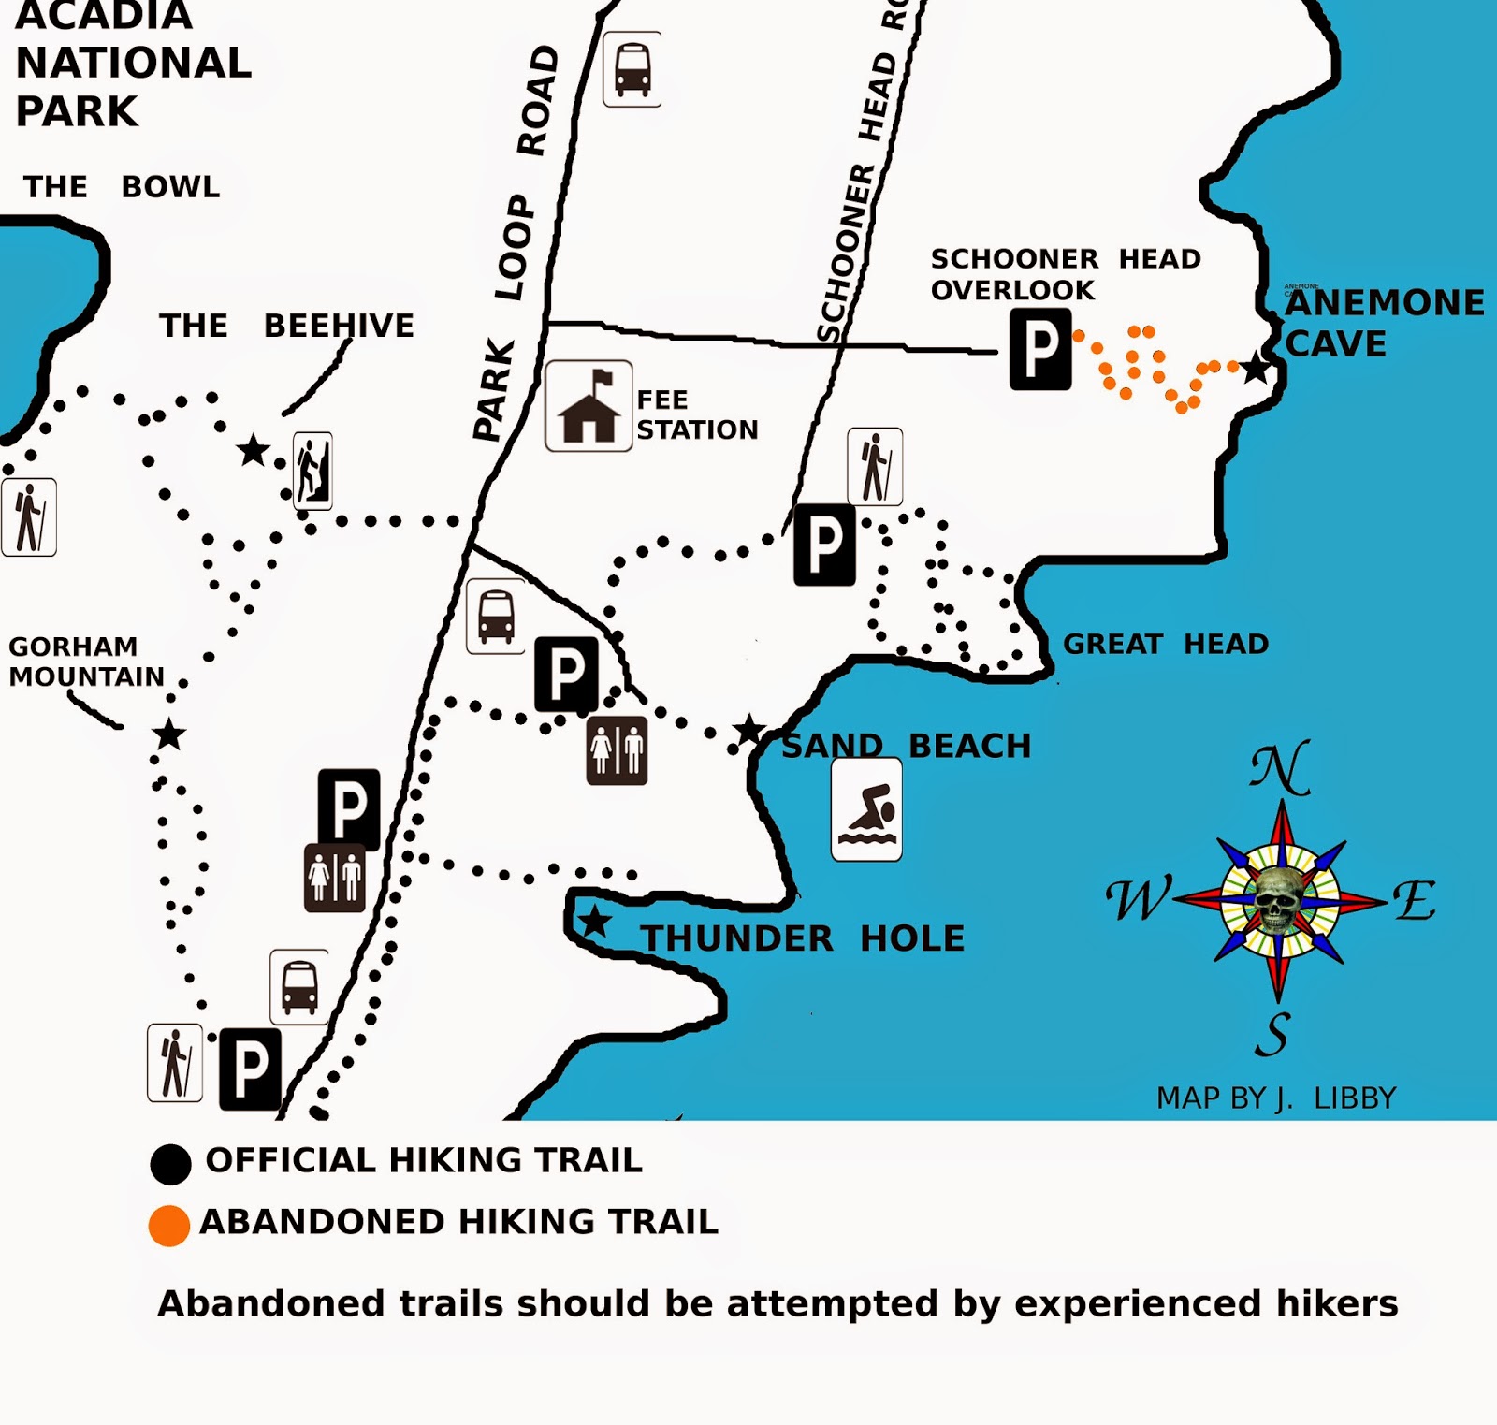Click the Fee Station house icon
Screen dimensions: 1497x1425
point(589,406)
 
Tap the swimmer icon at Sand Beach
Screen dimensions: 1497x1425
point(866,809)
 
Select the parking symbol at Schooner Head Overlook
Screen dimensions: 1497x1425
point(1040,350)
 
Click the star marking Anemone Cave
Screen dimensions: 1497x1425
point(1256,369)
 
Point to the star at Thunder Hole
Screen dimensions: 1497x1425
point(594,922)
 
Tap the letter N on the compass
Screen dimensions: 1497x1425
point(1280,769)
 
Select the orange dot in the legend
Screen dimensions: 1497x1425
point(169,1225)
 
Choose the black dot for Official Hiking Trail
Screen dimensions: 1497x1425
point(170,1163)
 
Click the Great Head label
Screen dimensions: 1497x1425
point(1166,644)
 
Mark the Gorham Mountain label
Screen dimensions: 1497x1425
point(86,662)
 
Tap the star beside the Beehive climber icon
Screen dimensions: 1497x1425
point(253,451)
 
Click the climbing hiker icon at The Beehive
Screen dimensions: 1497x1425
point(312,471)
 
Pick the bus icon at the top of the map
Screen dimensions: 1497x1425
point(632,69)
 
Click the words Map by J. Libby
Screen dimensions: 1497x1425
point(1276,1098)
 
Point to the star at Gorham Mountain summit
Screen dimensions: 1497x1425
point(169,734)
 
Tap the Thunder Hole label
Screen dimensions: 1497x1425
point(802,938)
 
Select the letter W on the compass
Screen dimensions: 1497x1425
point(1138,899)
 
